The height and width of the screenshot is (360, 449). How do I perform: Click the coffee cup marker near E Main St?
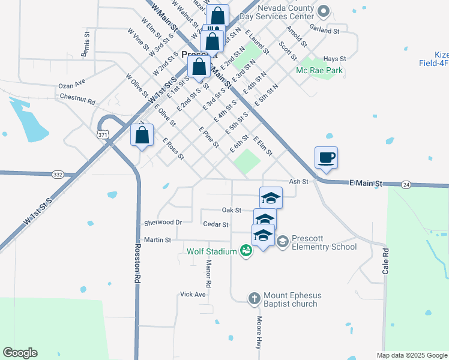click(x=326, y=158)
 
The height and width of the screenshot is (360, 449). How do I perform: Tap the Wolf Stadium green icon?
click(x=246, y=251)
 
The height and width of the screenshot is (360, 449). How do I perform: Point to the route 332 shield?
click(x=58, y=174)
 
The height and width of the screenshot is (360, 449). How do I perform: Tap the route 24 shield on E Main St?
click(x=406, y=184)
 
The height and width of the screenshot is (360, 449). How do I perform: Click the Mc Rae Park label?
click(x=319, y=71)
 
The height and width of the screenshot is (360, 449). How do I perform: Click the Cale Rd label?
click(x=386, y=261)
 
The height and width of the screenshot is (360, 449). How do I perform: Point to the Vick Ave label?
click(x=193, y=295)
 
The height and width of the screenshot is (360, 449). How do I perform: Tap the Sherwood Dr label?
click(x=163, y=223)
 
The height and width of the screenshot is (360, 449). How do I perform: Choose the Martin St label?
click(x=158, y=239)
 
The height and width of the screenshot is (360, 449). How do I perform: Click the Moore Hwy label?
click(x=260, y=333)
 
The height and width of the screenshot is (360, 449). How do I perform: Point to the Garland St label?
click(x=325, y=29)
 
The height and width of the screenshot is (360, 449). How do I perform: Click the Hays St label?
click(x=335, y=59)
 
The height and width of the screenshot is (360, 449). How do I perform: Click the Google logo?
click(x=20, y=353)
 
